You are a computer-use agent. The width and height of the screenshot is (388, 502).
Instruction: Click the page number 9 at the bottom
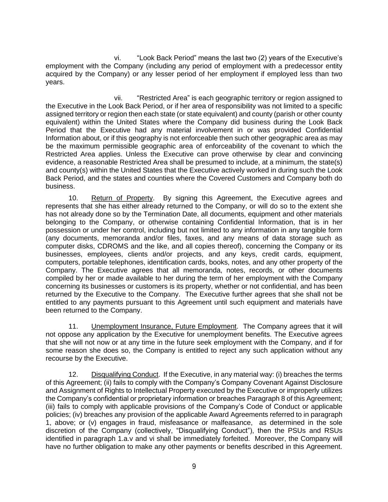pos(194,467)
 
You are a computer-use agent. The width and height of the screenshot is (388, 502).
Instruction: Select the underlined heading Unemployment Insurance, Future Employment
pos(164,327)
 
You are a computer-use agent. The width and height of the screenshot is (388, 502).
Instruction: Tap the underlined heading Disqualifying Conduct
pos(125,375)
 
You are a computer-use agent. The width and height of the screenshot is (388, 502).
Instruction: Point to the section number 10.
pos(73,198)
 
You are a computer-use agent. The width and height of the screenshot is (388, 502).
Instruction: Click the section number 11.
pos(73,327)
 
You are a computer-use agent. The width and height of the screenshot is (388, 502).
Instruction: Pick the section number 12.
pos(73,375)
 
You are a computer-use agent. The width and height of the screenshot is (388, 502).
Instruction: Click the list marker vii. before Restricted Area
pos(118,98)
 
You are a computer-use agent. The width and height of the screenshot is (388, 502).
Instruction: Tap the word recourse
pos(57,359)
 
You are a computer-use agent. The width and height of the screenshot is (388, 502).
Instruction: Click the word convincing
pos(325,154)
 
